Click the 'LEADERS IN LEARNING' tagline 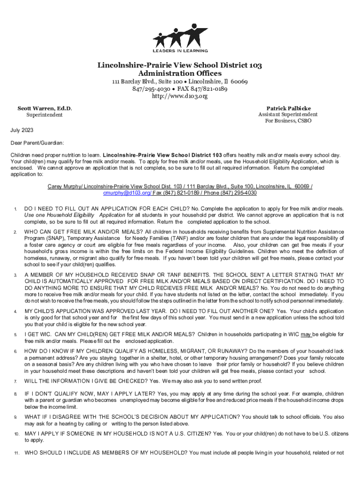pos(180,50)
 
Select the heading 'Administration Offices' pos(180,73)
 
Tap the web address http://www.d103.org pos(180,96)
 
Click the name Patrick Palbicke pos(288,108)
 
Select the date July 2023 pos(22,130)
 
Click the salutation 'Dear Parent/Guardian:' pos(37,142)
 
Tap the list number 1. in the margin pos(15,209)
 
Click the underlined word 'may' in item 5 pos(306,334)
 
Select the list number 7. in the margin pos(15,382)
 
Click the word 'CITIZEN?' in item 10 pos(195,434)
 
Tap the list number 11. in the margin pos(16,453)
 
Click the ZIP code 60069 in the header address pos(238,81)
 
